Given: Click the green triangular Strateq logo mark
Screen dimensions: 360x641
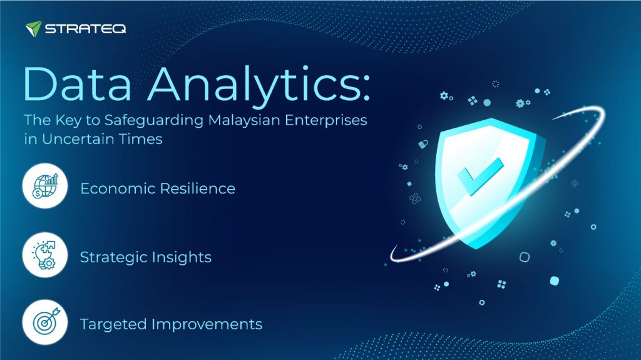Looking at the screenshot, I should coord(34,28).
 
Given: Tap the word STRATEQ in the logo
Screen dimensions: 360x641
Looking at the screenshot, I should coord(85,29).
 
